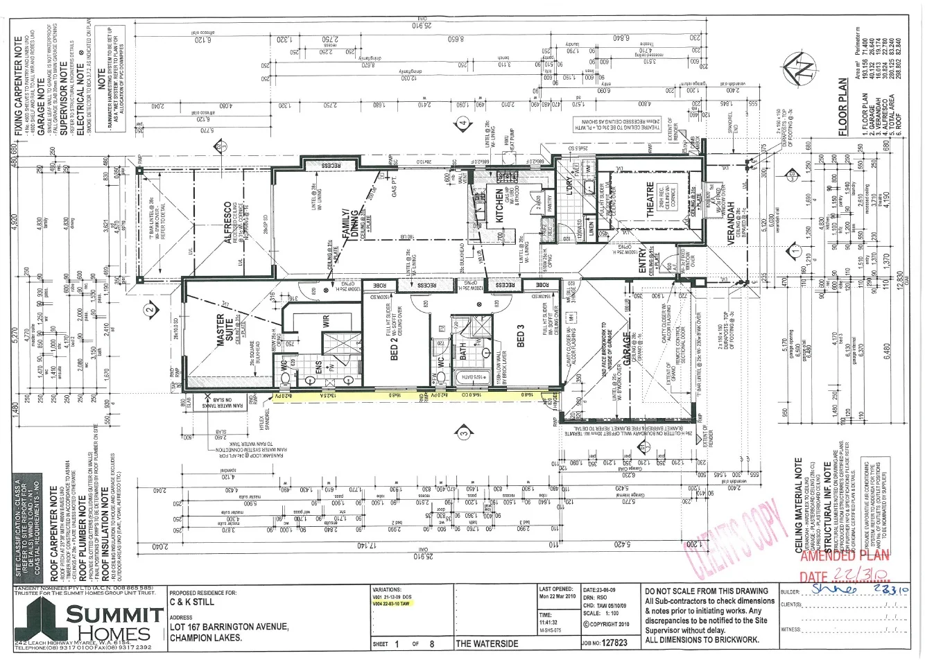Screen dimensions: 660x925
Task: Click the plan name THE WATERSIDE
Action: coord(487,643)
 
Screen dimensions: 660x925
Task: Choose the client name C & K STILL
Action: coord(191,603)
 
